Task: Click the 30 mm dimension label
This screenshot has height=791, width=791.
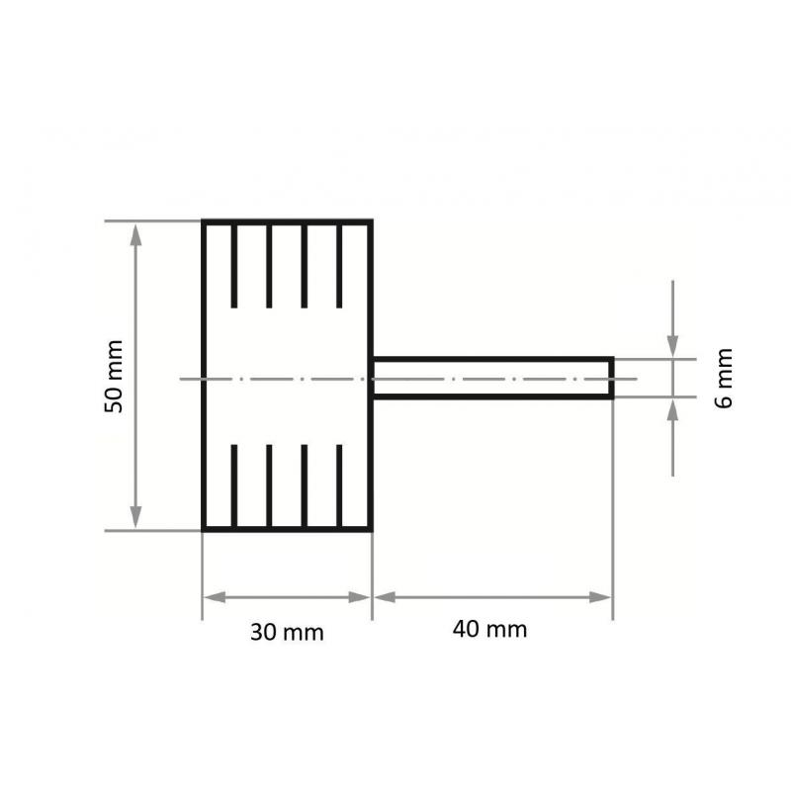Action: pos(287,633)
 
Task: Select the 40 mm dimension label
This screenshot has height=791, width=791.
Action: pos(491,630)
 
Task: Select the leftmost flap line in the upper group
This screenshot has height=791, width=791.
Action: pos(234,265)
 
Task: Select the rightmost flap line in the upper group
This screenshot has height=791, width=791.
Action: pos(339,265)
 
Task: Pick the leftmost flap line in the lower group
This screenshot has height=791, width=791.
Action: pos(234,486)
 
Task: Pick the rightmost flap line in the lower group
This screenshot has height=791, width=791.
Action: pos(339,486)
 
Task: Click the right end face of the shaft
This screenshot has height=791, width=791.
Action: pos(612,378)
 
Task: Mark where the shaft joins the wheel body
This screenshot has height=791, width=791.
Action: pos(373,378)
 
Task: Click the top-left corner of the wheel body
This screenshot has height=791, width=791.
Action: pos(204,221)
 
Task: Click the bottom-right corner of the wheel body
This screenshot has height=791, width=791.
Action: pos(372,530)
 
